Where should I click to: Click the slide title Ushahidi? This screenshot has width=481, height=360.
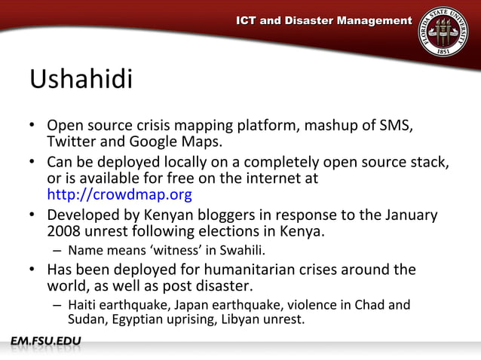pos(81,79)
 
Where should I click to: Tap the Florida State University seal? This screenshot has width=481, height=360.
pos(443,31)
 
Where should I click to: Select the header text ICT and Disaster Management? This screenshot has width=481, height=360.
pos(324,20)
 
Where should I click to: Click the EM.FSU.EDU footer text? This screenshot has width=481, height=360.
pos(46,343)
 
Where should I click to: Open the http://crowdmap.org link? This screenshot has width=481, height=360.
pos(119,195)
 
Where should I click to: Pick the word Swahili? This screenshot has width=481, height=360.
pos(240,250)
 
